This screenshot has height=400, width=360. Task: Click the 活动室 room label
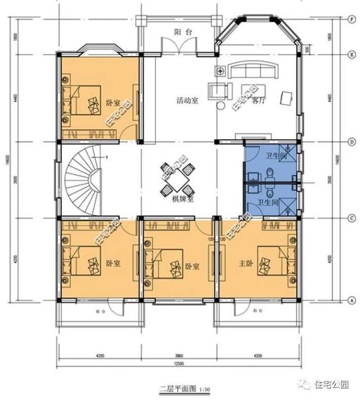pos(187,101)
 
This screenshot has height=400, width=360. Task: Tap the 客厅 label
pos(258,102)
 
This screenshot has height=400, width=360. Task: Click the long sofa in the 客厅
pos(255,70)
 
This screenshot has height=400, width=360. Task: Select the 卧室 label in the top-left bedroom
pos(113,103)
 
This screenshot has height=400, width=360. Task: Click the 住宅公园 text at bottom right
pos(331,385)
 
